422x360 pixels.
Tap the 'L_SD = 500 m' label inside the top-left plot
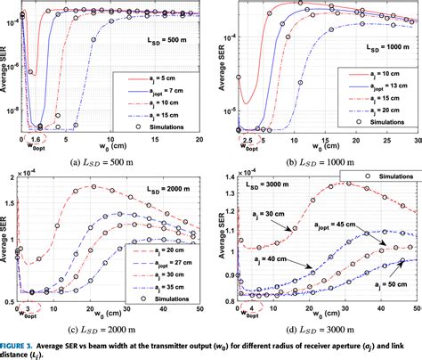pos(169,41)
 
